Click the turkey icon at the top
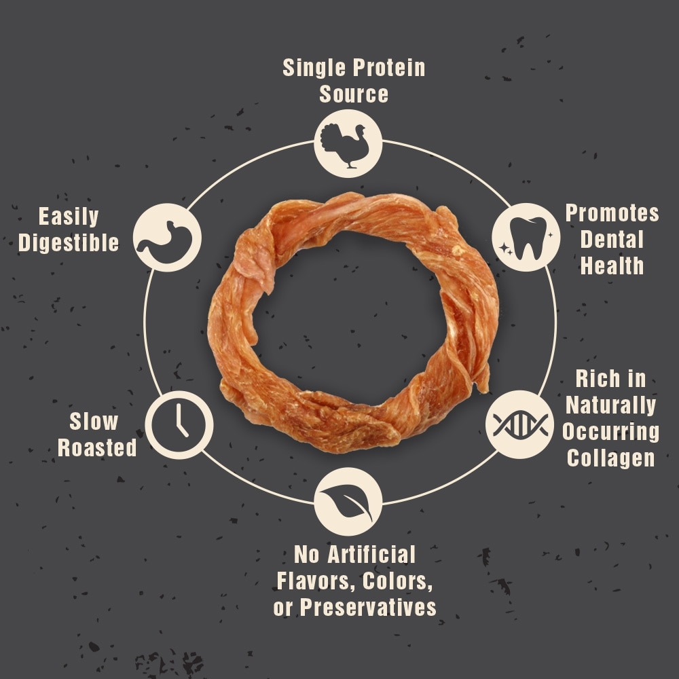pyautogui.click(x=345, y=146)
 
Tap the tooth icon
pyautogui.click(x=528, y=238)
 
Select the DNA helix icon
pyautogui.click(x=520, y=425)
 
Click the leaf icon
pyautogui.click(x=347, y=502)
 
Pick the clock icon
pyautogui.click(x=179, y=425)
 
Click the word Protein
pyautogui.click(x=388, y=67)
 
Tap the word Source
pyautogui.click(x=354, y=94)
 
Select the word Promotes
pyautogui.click(x=612, y=213)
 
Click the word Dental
pyautogui.click(x=612, y=240)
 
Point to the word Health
pyautogui.click(x=612, y=265)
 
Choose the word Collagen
pyautogui.click(x=610, y=458)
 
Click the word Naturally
pyautogui.click(x=610, y=405)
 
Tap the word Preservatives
pyautogui.click(x=367, y=607)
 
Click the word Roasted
pyautogui.click(x=97, y=447)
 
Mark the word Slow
pyautogui.click(x=94, y=422)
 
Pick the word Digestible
pyautogui.click(x=69, y=242)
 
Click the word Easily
pyautogui.click(x=69, y=217)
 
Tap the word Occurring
pyautogui.click(x=610, y=432)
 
